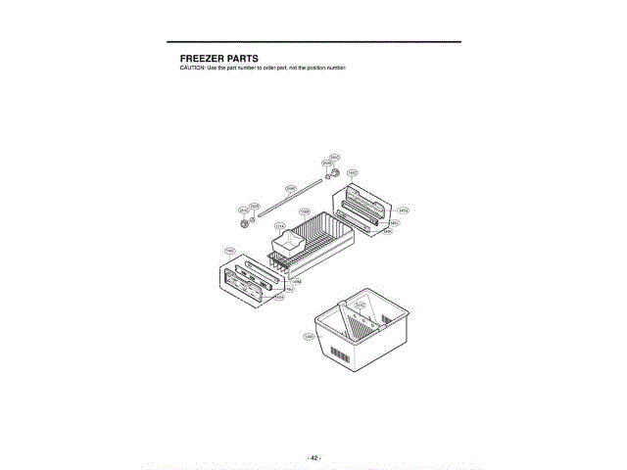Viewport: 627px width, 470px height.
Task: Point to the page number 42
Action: pos(313,457)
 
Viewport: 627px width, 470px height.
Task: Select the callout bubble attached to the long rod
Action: pos(290,187)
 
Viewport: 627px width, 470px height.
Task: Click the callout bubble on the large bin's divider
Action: pos(360,305)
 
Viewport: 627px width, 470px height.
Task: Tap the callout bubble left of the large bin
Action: pos(309,336)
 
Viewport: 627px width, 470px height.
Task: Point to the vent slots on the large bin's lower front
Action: pos(339,352)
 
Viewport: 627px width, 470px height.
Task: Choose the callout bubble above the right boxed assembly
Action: pos(352,173)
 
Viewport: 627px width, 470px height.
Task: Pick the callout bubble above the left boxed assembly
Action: pos(229,251)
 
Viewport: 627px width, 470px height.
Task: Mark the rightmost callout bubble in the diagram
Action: pos(403,210)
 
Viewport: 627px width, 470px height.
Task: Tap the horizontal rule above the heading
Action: pos(313,41)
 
